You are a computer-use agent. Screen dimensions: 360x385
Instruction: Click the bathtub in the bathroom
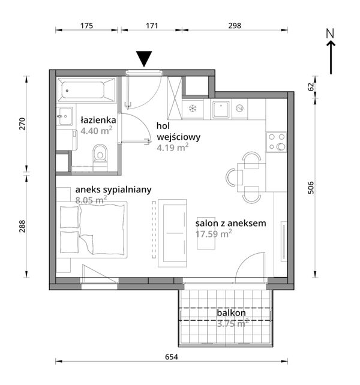[x=86, y=90]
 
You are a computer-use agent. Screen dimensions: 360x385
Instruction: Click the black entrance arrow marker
[x=144, y=59]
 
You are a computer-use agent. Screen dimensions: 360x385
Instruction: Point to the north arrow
[x=331, y=52]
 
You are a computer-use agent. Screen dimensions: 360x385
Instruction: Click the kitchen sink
[x=221, y=110]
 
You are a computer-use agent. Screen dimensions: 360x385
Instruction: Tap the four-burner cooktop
[x=277, y=142]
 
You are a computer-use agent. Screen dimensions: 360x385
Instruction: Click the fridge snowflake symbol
[x=193, y=109]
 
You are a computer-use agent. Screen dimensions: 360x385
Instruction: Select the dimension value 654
[x=171, y=357]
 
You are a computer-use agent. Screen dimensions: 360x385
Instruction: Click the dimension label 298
[x=235, y=26]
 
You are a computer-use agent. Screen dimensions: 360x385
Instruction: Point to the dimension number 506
[x=311, y=188]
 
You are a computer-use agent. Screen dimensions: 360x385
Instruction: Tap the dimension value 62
[x=311, y=87]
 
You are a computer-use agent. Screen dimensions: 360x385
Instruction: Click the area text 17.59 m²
[x=214, y=233]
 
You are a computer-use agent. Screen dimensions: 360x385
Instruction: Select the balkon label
[x=231, y=313]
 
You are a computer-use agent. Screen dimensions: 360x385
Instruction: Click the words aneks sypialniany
[x=113, y=190]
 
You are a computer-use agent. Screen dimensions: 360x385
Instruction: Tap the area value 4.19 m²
[x=173, y=148]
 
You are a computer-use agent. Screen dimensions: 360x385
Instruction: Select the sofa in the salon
[x=173, y=233]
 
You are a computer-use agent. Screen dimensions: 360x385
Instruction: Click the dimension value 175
[x=87, y=26]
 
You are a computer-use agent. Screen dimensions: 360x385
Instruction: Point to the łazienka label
[x=98, y=120]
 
